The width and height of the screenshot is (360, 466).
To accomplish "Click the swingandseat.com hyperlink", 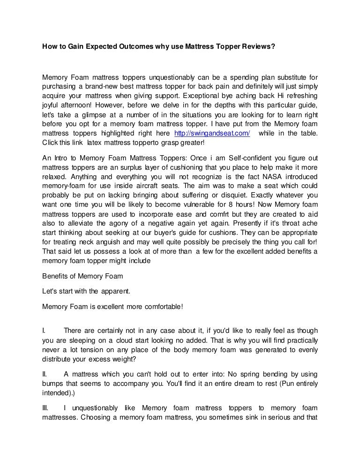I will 211,133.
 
